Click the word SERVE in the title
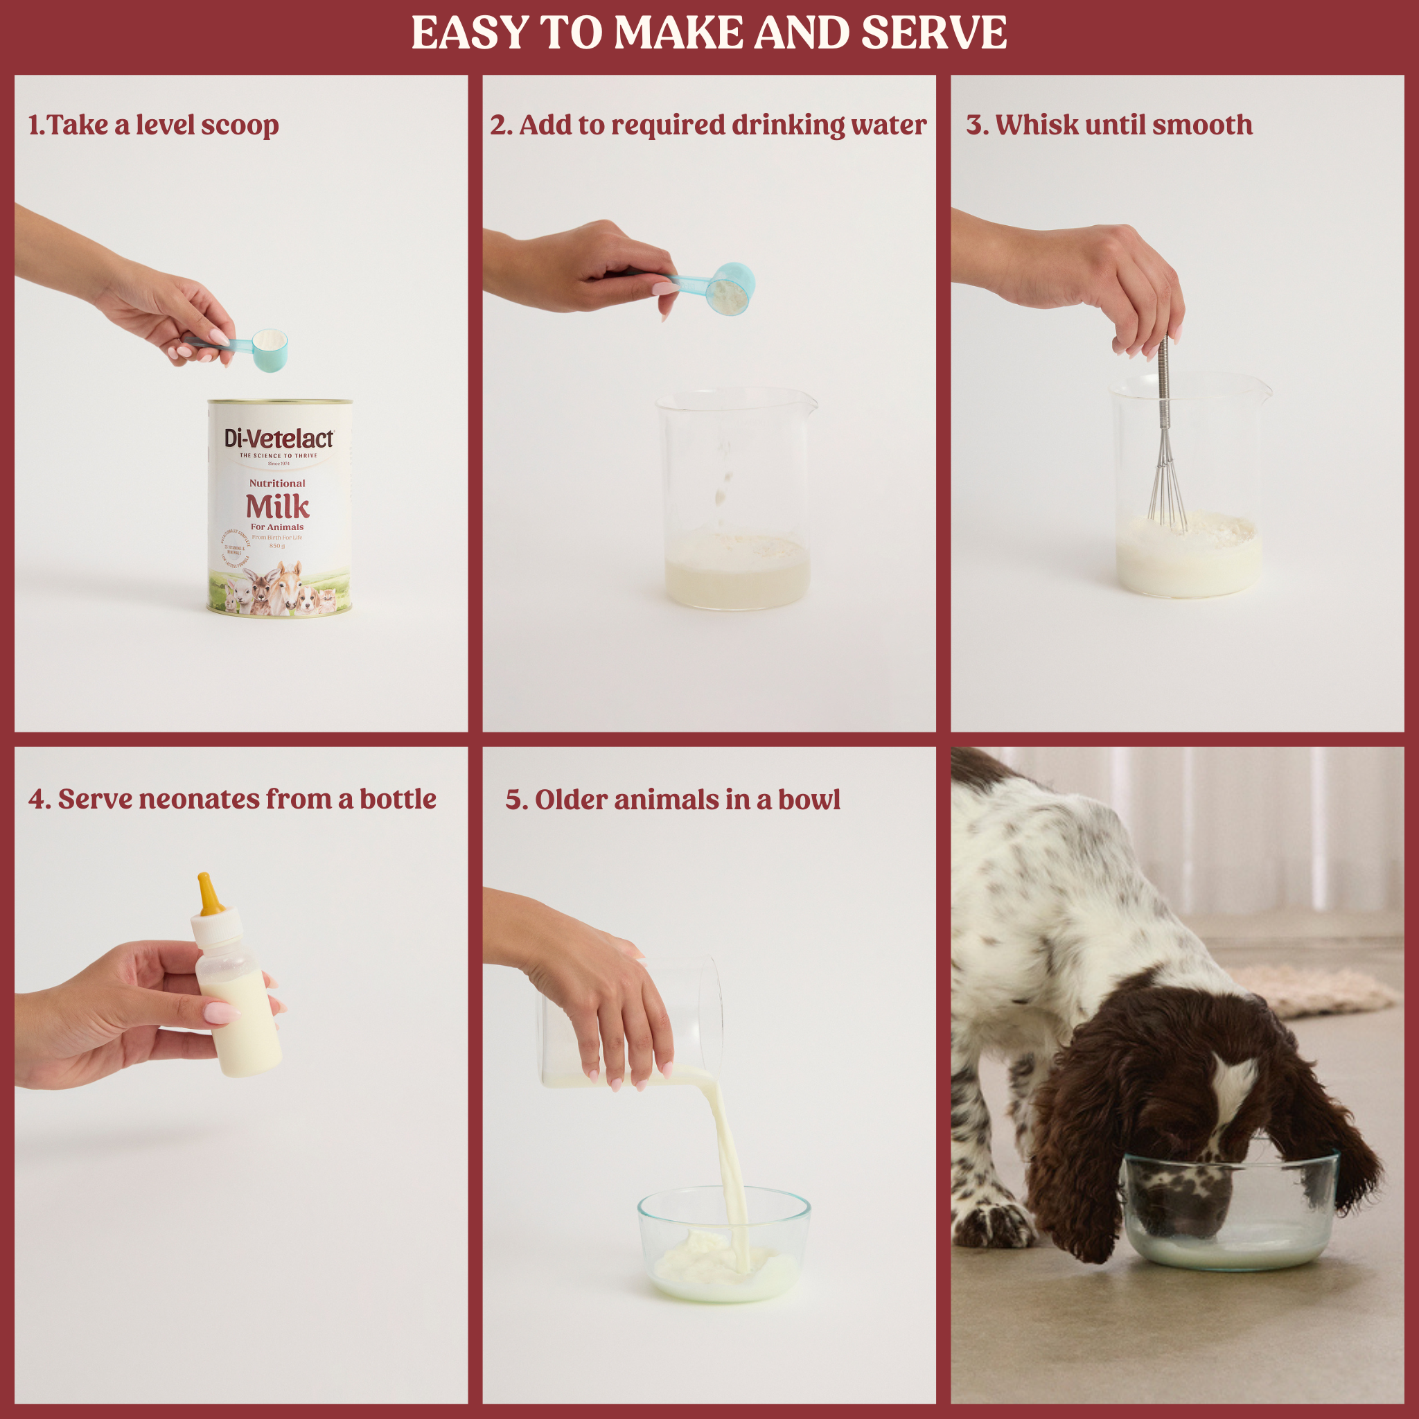[933, 33]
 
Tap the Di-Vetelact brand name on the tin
[279, 439]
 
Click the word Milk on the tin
[277, 506]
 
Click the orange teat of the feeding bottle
[209, 894]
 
